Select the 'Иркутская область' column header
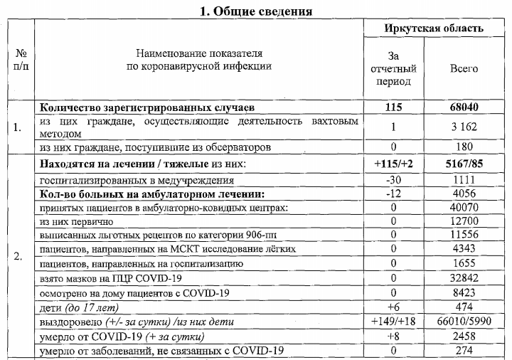coord(433,28)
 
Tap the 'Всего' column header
coord(464,69)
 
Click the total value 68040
coord(464,107)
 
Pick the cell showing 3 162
coord(464,127)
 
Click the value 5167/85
coord(464,164)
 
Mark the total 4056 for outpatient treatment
coord(464,194)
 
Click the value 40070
coord(464,208)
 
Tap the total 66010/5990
coord(464,322)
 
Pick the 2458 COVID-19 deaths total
coord(464,336)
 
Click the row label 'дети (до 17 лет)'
coord(79,307)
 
